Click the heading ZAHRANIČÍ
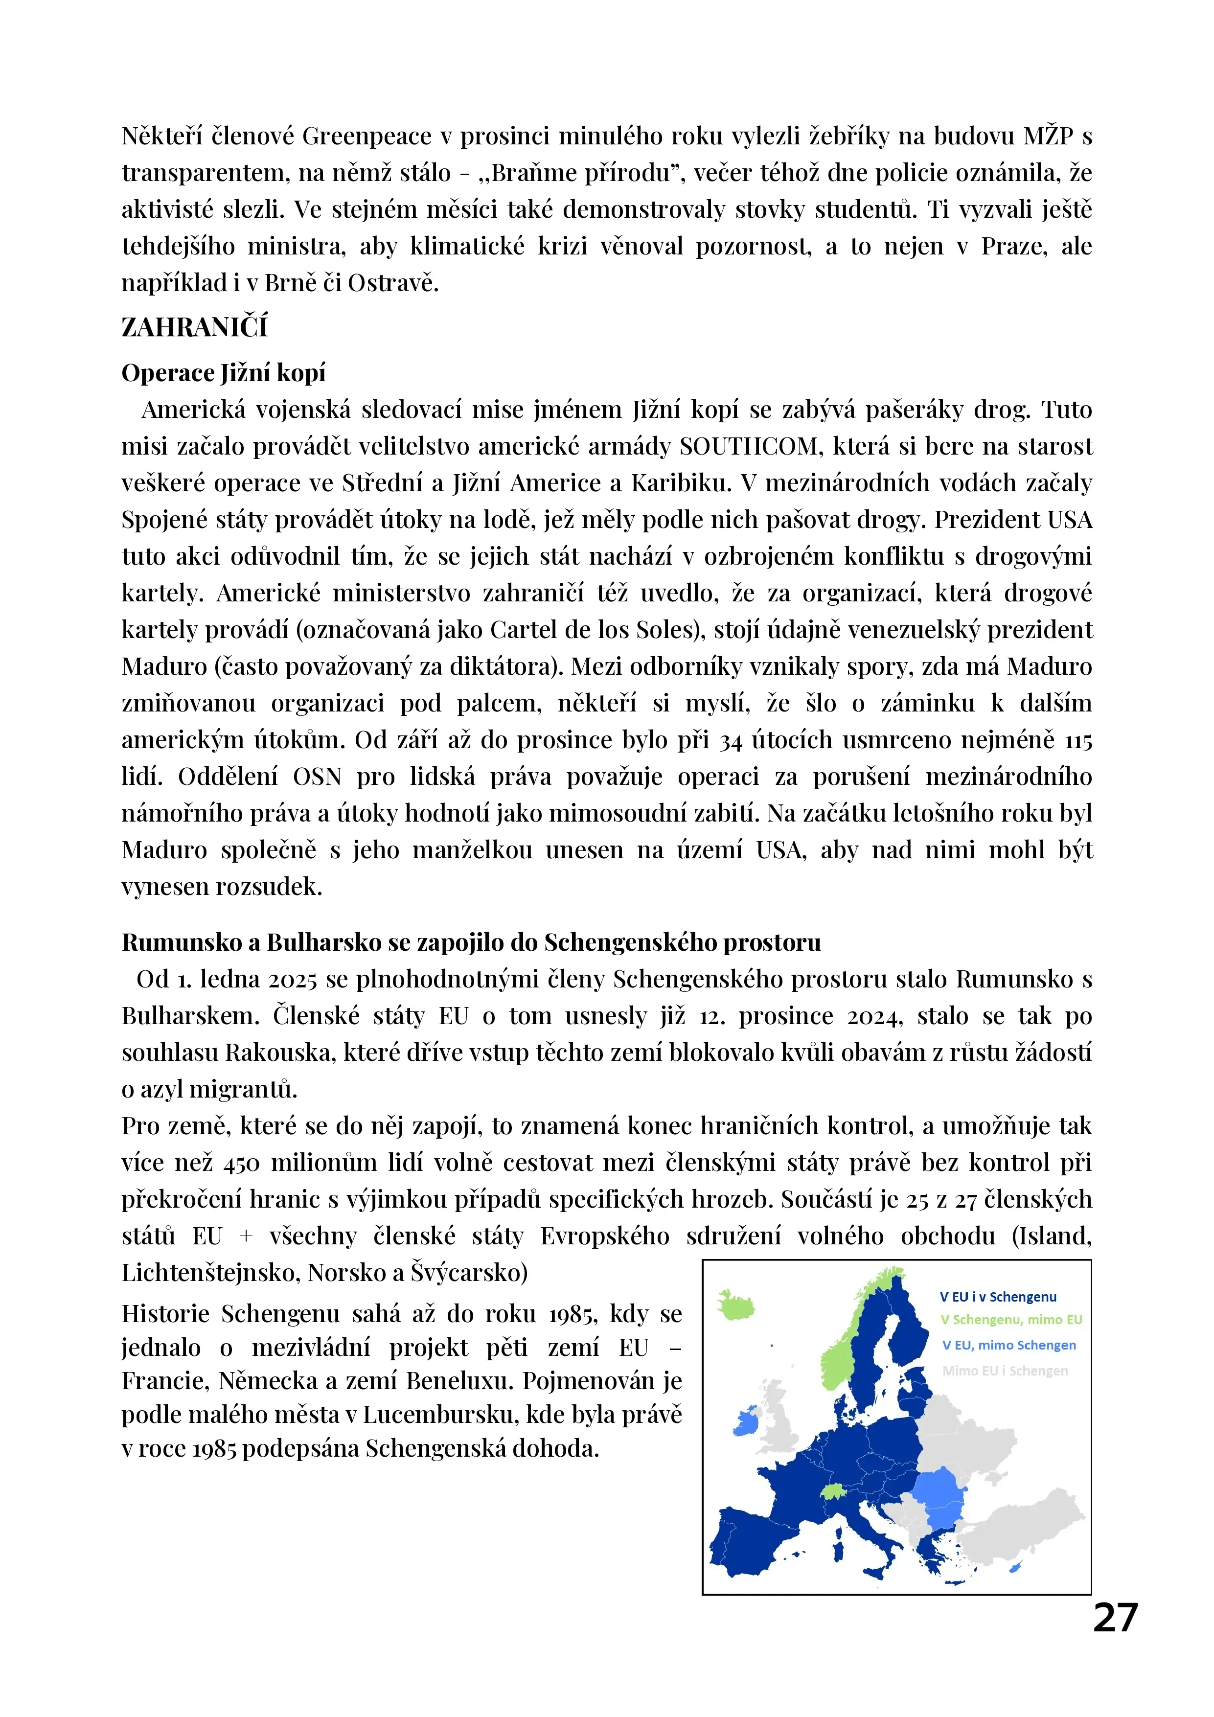pos(194,327)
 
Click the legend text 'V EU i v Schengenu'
pos(998,1297)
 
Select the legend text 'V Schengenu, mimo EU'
pos(1010,1320)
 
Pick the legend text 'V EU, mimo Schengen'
pos(1008,1345)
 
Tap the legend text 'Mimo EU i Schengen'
pos(1005,1370)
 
